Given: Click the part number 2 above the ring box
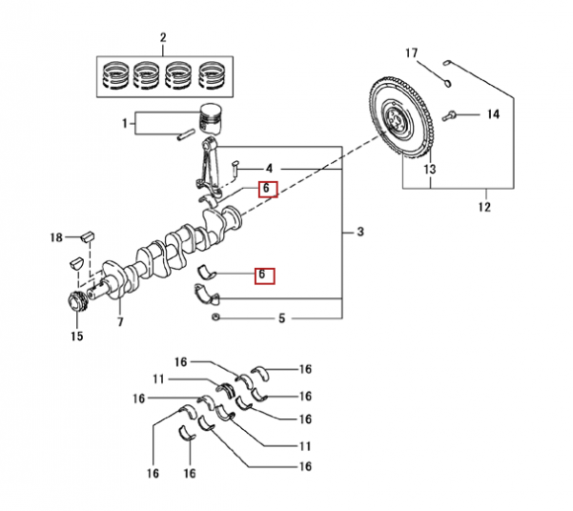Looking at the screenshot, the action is click(x=163, y=38).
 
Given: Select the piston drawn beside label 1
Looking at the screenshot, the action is click(x=210, y=120).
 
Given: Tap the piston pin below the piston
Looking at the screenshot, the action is click(x=186, y=134).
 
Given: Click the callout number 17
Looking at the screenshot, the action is click(x=411, y=53).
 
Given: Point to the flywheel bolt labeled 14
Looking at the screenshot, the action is click(x=450, y=116).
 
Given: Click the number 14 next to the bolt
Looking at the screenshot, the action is click(x=493, y=115).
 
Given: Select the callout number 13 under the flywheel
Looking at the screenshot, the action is click(x=430, y=169).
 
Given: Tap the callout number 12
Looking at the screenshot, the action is click(x=484, y=208).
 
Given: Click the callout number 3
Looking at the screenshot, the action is click(x=361, y=231).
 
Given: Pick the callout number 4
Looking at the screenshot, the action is click(x=270, y=169).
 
